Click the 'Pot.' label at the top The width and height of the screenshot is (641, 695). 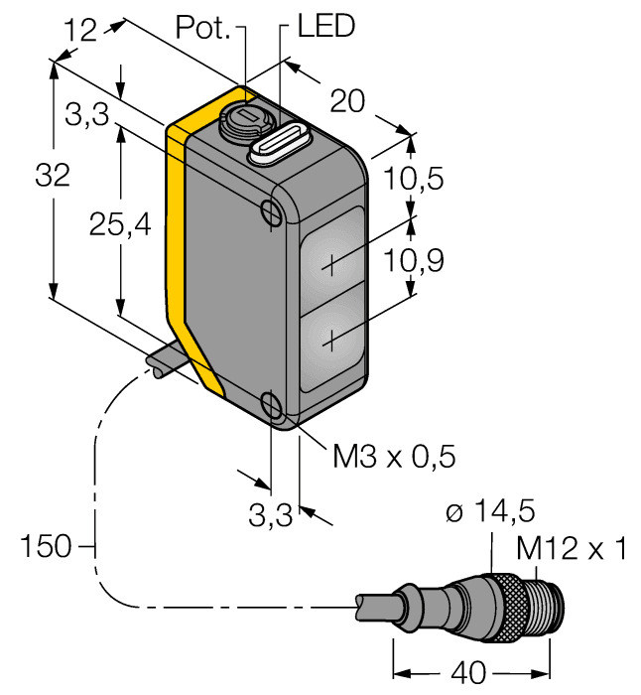click(x=203, y=28)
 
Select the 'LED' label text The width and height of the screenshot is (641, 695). click(x=325, y=27)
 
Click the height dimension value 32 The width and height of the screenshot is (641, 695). click(x=52, y=176)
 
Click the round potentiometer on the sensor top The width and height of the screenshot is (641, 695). click(x=244, y=121)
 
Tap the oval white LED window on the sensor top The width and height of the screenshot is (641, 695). click(x=280, y=144)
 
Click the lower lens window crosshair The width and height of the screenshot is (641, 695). click(x=328, y=342)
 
